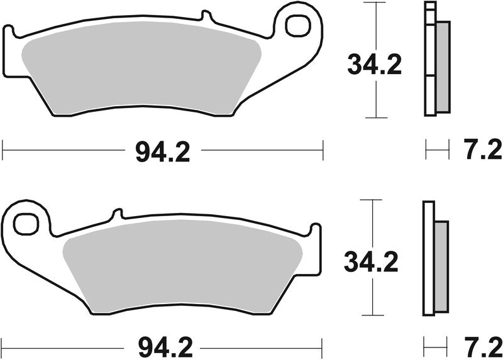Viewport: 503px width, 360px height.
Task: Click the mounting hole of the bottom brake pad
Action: (26, 222)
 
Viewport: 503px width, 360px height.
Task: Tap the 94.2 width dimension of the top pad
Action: (162, 151)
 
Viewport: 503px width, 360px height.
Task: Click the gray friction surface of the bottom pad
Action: (182, 270)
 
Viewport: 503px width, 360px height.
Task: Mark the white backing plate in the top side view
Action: (430, 63)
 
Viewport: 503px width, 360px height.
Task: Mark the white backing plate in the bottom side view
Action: (428, 258)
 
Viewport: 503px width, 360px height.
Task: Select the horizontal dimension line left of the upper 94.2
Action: (63, 151)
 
